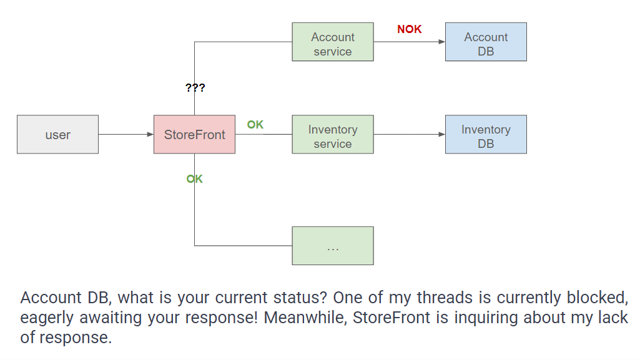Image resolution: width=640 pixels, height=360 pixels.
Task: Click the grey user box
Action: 57,134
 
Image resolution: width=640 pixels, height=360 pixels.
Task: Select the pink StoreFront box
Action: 194,134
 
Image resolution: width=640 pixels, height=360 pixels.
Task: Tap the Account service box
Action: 333,42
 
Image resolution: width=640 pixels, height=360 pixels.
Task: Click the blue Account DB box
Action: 486,42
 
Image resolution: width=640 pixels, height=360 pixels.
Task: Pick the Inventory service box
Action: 333,134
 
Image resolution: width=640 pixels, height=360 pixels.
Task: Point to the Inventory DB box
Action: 486,134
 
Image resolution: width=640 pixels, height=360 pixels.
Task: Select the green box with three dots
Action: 333,246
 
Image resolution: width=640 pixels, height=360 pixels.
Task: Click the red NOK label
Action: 410,29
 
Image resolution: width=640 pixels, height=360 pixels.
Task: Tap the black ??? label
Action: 195,87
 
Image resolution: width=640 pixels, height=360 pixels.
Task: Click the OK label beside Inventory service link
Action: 255,125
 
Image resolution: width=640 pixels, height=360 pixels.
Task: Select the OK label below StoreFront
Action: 194,179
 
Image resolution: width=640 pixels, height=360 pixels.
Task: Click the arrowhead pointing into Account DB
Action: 442,42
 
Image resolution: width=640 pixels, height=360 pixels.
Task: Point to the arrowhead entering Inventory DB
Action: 442,134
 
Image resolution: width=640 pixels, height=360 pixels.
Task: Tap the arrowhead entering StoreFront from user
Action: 150,134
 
